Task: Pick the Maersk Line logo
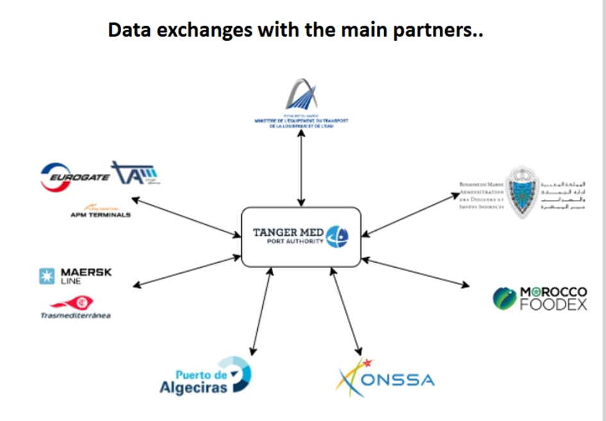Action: click(x=76, y=276)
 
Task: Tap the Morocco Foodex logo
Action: click(x=540, y=298)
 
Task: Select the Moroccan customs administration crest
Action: click(x=518, y=190)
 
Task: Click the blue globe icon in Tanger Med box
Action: click(x=337, y=236)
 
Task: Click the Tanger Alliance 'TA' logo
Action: click(x=135, y=172)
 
